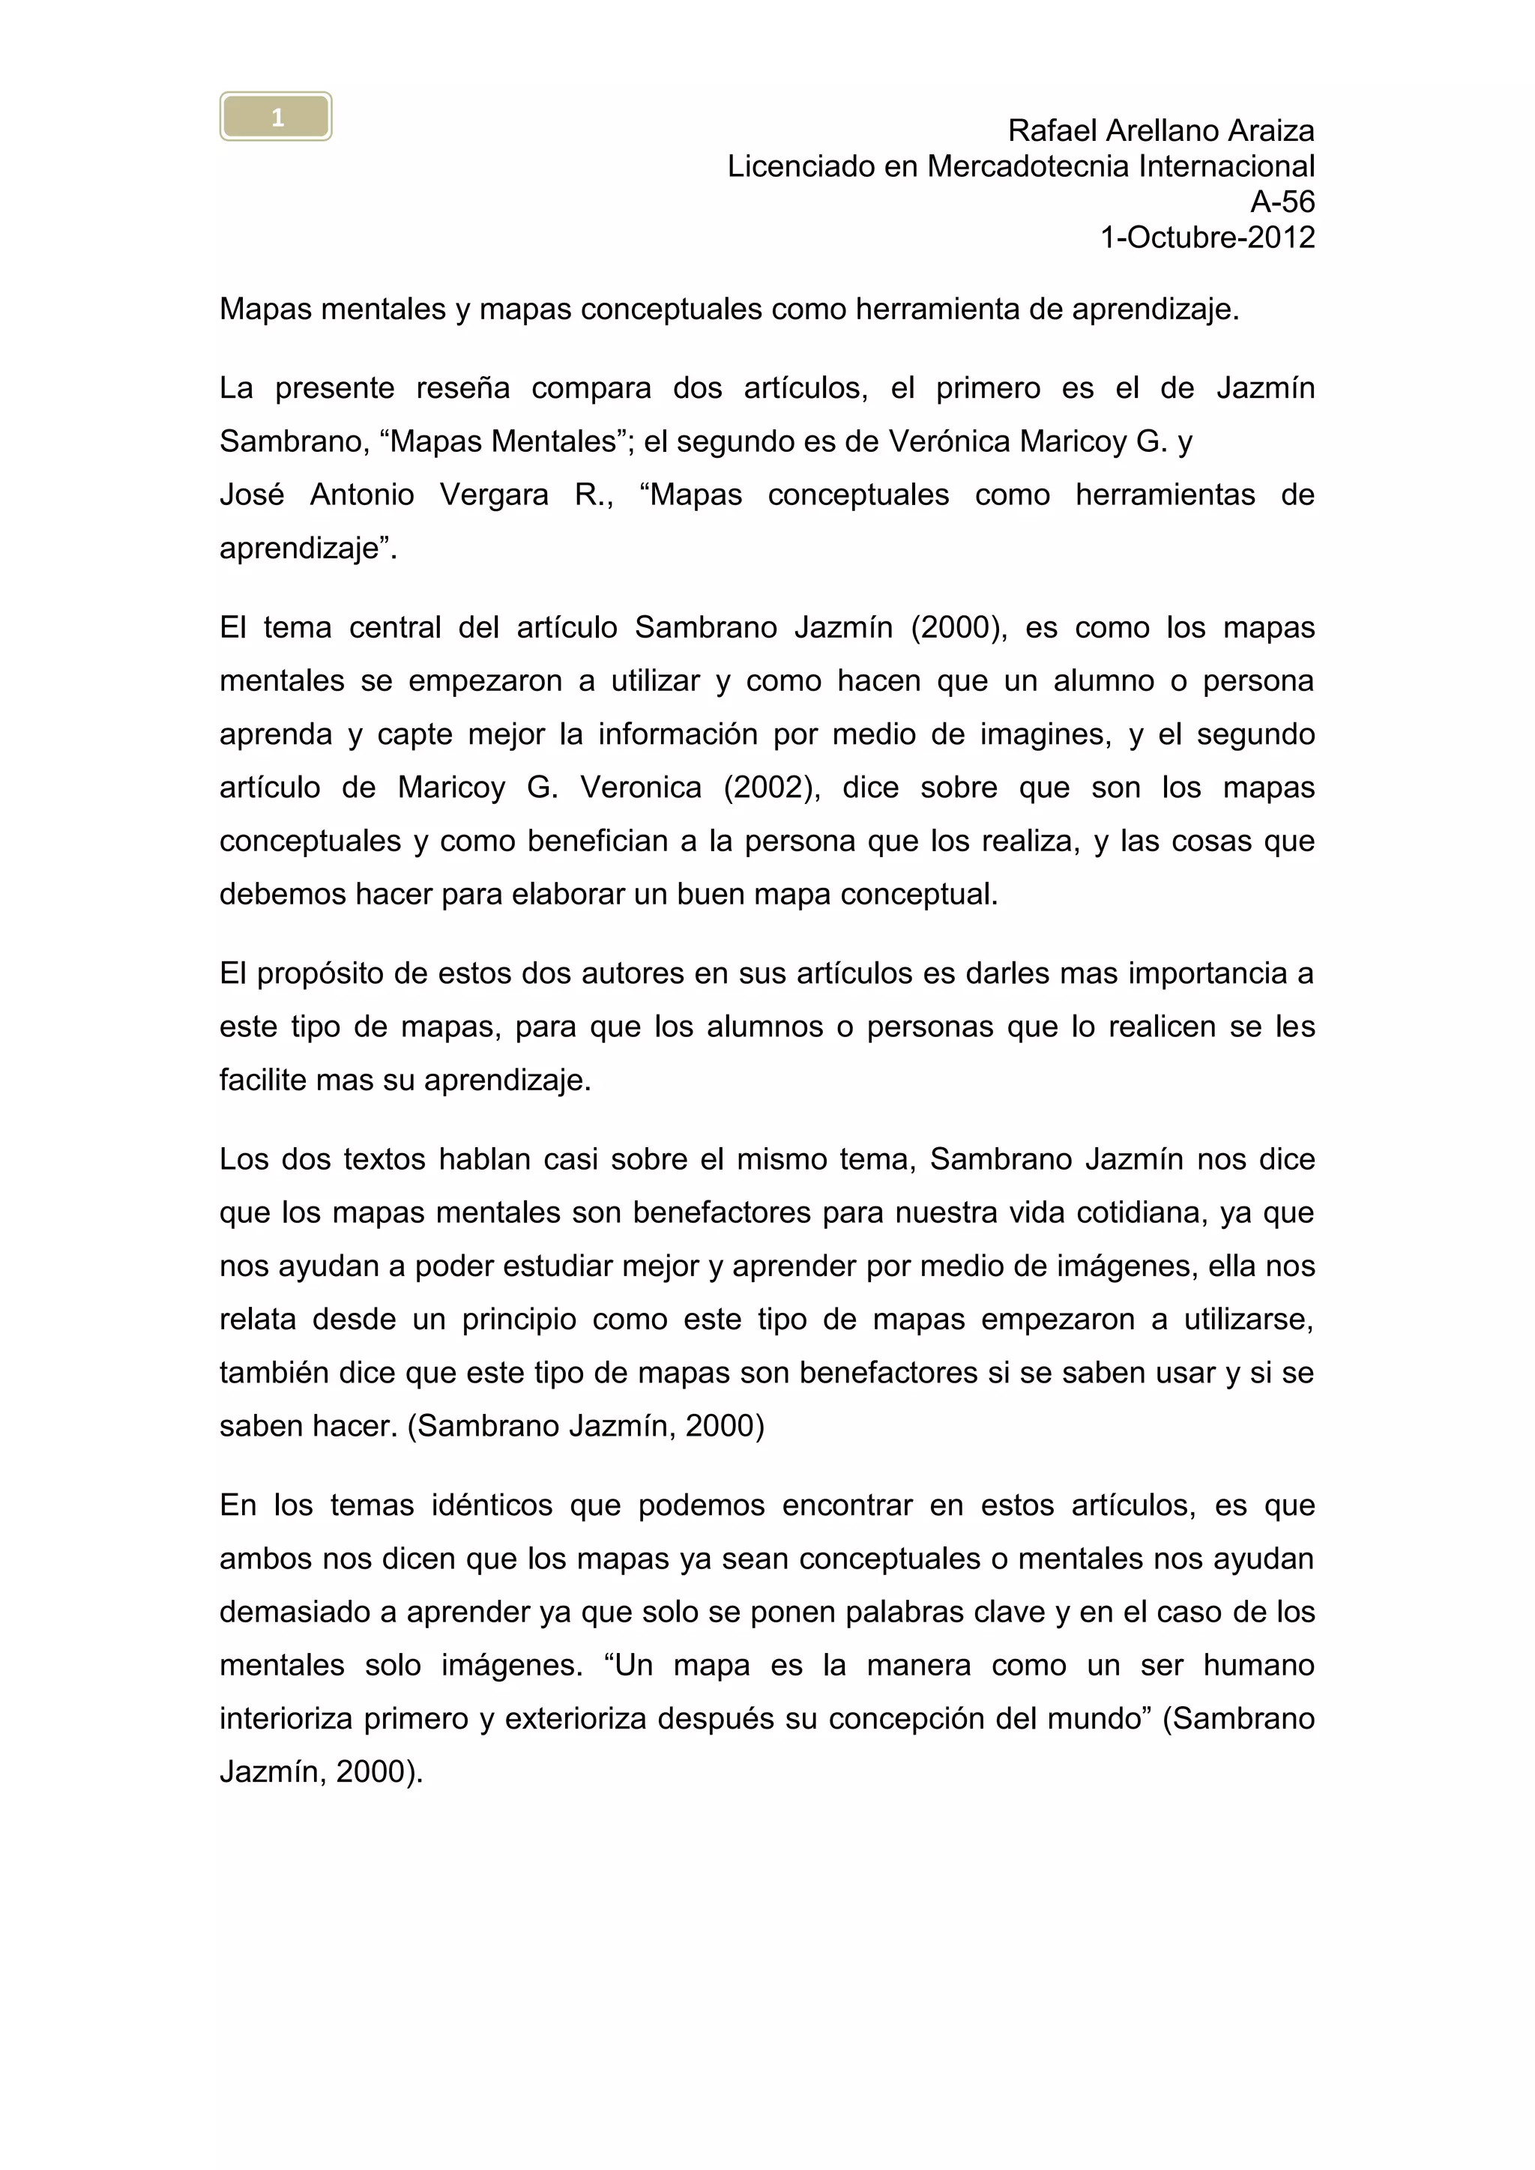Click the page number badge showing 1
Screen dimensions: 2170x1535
(x=276, y=117)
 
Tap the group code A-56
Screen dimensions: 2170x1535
(x=1282, y=202)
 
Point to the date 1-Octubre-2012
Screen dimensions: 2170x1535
(x=1207, y=238)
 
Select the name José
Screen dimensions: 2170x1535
(x=251, y=495)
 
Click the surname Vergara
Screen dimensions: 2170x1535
(x=493, y=495)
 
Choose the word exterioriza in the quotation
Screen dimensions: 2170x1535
(x=576, y=1718)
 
